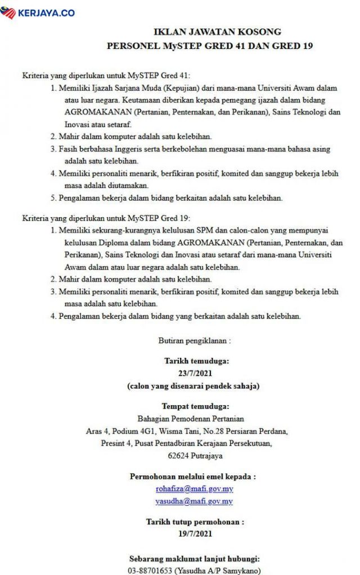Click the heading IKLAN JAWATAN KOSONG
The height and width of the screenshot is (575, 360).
pos(210,32)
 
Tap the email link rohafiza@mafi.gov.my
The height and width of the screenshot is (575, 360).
pos(194,489)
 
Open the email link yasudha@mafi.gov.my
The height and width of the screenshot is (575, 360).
pos(194,501)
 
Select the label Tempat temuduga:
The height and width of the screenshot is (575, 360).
pos(195,406)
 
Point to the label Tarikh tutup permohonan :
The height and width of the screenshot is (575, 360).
pos(195,522)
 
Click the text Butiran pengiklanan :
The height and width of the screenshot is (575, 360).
pos(195,340)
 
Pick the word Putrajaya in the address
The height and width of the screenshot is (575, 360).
pos(206,455)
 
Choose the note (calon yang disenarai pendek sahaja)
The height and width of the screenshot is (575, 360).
pos(195,385)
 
